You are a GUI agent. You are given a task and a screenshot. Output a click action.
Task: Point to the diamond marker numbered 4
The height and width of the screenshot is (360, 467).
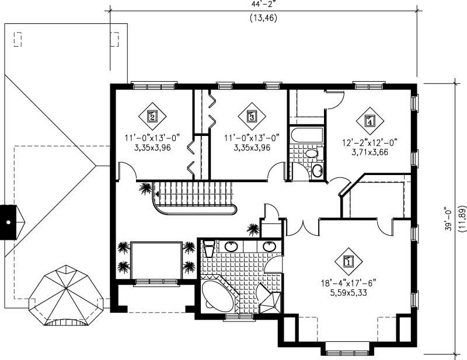(369, 121)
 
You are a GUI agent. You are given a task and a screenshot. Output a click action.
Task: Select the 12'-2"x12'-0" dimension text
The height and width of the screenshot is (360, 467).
(370, 142)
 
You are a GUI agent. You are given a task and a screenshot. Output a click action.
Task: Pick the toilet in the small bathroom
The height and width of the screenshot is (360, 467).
(312, 153)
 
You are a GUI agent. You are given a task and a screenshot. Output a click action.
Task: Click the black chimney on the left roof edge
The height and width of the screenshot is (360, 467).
(9, 222)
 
